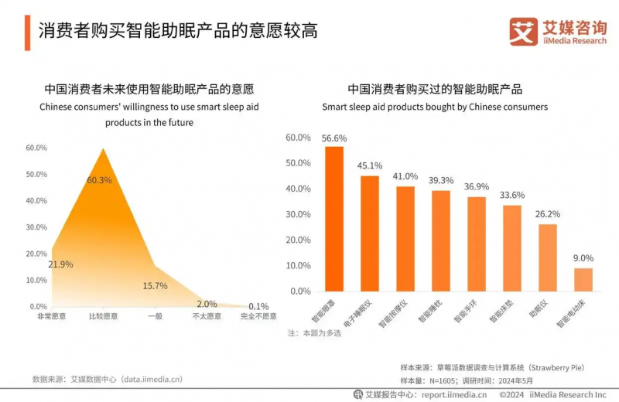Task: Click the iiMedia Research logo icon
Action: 523,31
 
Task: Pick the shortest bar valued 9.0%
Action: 583,279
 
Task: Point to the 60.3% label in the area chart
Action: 99,180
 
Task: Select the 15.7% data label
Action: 155,285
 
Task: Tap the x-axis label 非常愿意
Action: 51,316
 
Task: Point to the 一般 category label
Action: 155,316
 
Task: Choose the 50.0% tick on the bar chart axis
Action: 298,163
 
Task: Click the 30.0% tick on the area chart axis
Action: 36,227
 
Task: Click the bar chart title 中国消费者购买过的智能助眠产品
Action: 435,89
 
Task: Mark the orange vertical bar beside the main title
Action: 27,31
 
